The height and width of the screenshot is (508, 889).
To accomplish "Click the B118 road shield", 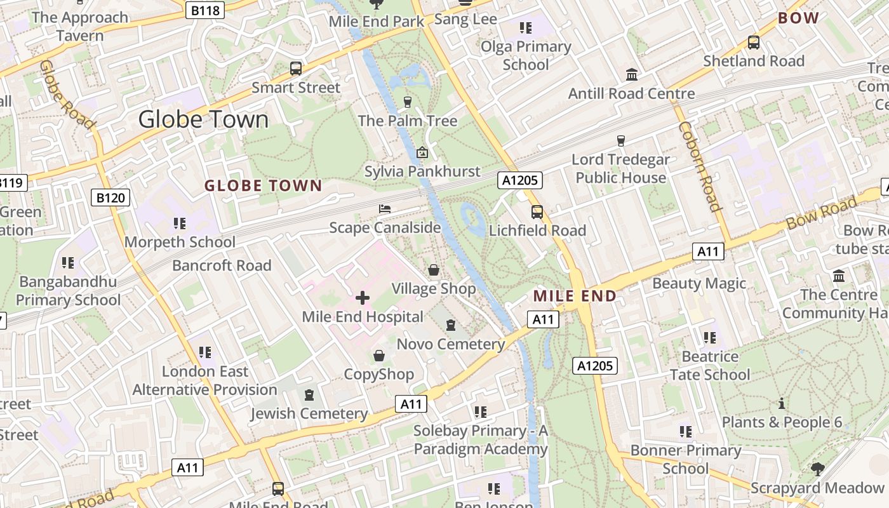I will [205, 10].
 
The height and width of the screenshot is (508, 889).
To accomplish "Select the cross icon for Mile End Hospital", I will [363, 297].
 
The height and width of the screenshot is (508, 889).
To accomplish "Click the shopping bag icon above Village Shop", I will [434, 271].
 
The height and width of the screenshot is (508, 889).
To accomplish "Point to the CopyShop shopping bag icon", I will [379, 356].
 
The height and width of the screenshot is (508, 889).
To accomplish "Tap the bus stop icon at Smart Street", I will [296, 69].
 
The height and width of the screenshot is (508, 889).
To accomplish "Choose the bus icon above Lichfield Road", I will [537, 212].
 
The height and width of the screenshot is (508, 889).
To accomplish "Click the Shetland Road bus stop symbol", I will [754, 43].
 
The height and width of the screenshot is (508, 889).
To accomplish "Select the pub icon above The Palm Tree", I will [408, 102].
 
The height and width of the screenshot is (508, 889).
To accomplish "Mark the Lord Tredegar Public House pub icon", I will [621, 140].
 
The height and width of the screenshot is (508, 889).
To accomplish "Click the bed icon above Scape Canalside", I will [384, 209].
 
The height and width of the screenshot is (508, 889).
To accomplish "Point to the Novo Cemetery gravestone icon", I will [451, 325].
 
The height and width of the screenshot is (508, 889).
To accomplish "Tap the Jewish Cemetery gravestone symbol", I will [309, 395].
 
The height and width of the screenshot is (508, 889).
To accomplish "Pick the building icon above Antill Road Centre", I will [632, 75].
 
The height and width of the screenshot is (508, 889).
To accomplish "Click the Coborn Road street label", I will [700, 166].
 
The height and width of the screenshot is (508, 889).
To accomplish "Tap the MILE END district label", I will [575, 296].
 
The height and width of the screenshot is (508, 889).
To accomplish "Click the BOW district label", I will [798, 18].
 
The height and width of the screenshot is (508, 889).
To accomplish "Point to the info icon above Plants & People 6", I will [782, 403].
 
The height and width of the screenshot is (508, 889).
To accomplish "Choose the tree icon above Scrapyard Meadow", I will [817, 469].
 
